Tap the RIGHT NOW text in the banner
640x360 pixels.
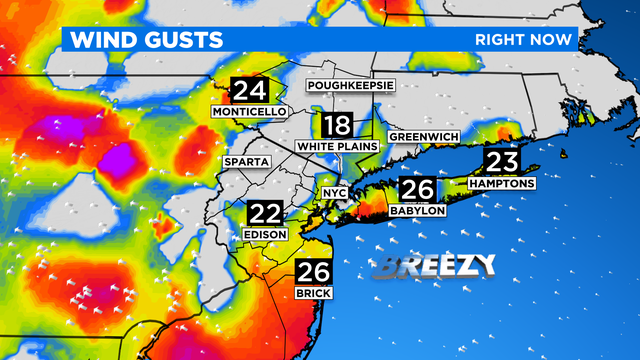[x=524, y=40]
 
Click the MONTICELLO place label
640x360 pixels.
[x=249, y=112]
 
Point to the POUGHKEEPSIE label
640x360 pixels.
[x=351, y=86]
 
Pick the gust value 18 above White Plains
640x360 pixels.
[x=336, y=127]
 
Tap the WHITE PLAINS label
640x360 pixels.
[x=337, y=147]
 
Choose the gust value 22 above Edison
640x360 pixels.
[x=265, y=214]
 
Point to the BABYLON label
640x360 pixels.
[x=418, y=210]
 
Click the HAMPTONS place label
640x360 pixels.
[x=501, y=184]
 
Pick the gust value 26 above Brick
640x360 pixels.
[x=311, y=271]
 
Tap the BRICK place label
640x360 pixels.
[x=312, y=292]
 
